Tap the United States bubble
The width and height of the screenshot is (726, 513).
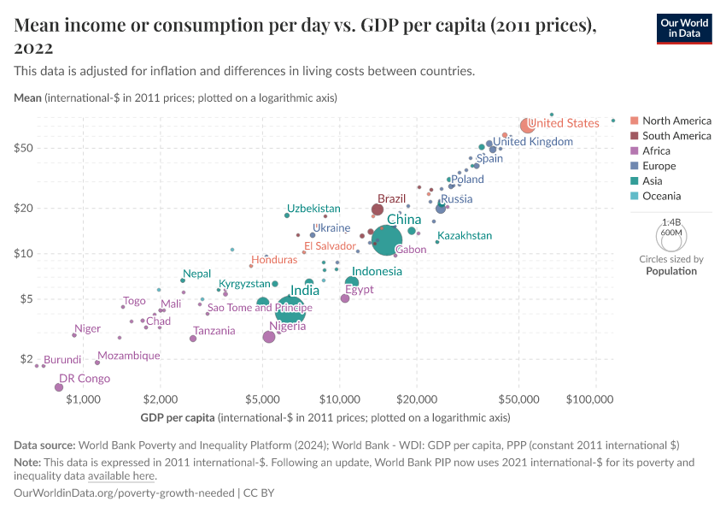click(528, 126)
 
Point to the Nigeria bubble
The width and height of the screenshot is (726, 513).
click(269, 337)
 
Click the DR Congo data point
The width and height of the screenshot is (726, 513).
click(59, 387)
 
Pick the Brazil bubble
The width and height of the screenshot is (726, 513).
click(378, 209)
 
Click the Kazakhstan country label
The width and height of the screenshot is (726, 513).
click(465, 235)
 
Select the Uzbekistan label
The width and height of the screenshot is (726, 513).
click(313, 208)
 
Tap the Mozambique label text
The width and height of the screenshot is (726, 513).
click(129, 356)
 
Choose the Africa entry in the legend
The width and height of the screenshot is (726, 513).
click(657, 150)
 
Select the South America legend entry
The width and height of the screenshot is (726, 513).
click(676, 135)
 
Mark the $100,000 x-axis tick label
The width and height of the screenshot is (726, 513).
click(591, 399)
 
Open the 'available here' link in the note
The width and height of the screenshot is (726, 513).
click(121, 475)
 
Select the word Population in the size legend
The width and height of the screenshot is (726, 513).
click(671, 271)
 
